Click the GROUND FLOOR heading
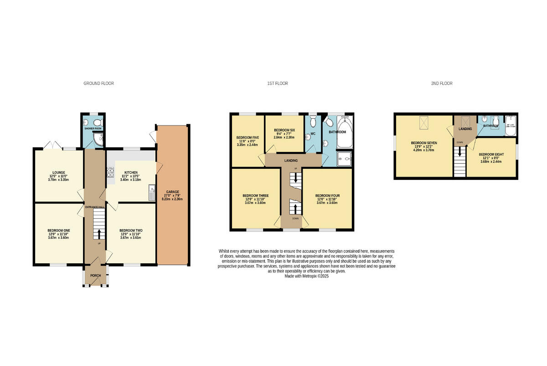tap(98, 84)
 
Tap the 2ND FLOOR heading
tap(442, 84)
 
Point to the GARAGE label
tap(172, 192)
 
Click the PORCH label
tap(95, 276)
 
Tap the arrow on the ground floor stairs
tap(98, 233)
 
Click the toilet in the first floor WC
tap(313, 122)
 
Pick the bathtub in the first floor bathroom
tap(344, 132)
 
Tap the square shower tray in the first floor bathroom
tap(344, 159)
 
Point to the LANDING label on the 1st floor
tap(291, 161)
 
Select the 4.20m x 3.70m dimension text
tap(424, 149)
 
